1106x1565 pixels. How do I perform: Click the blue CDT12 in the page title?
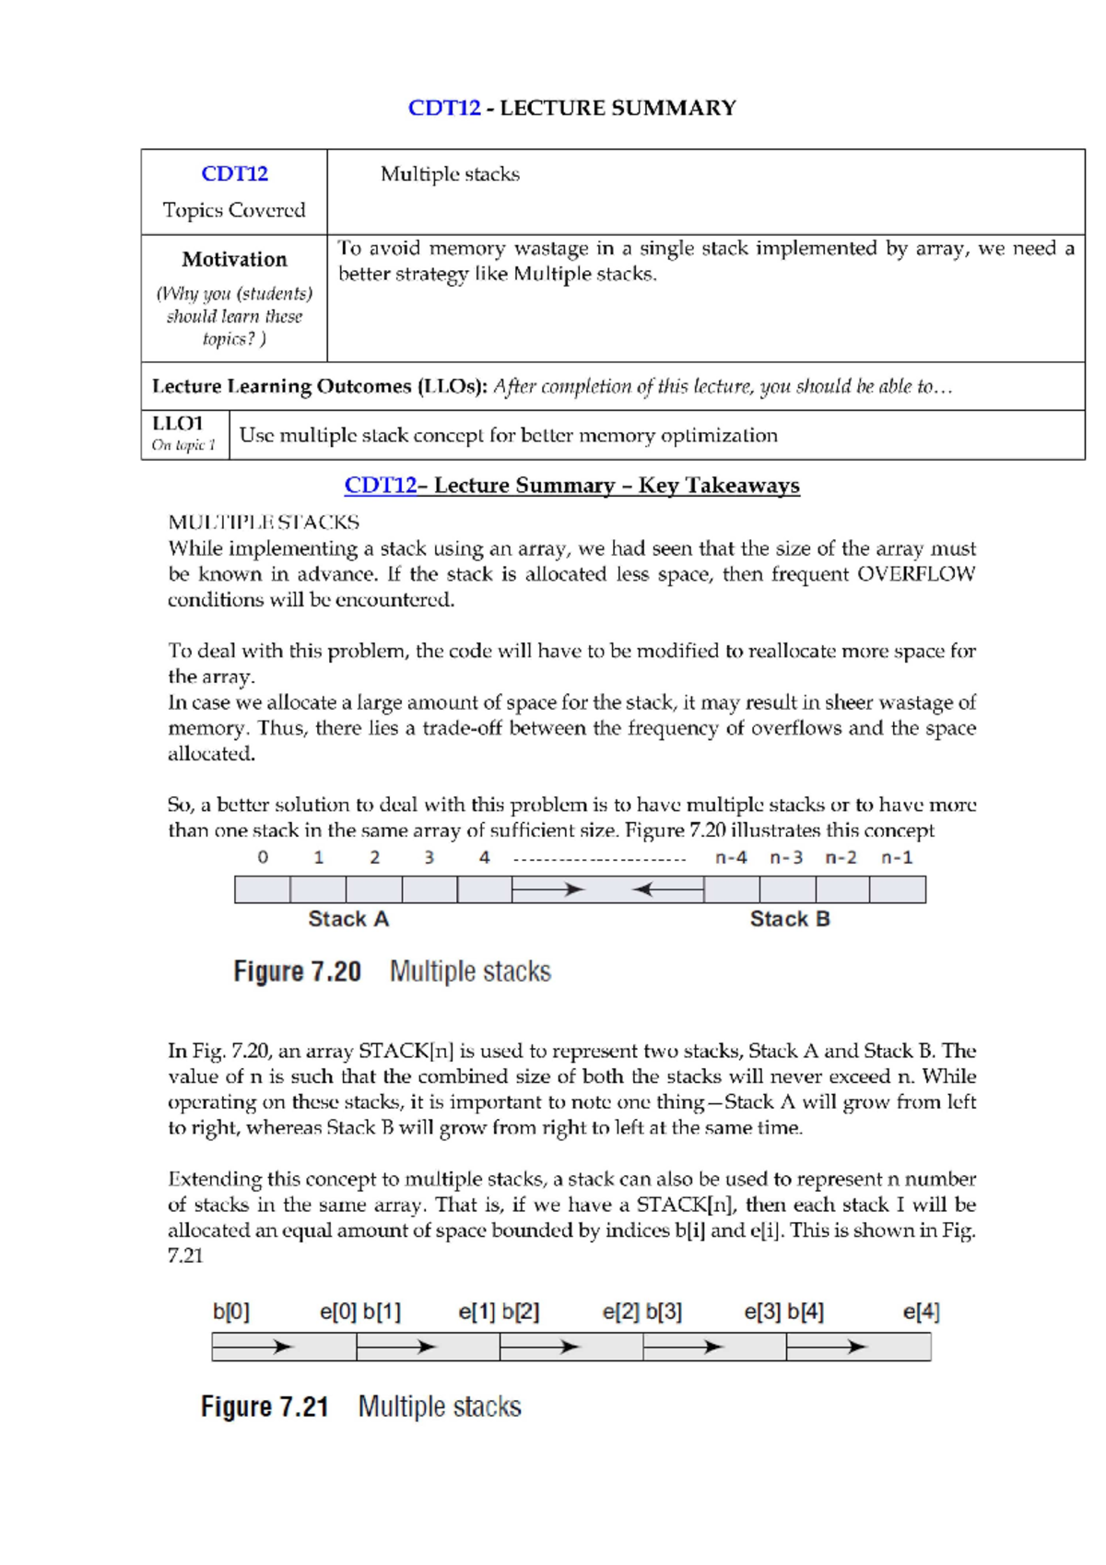point(444,108)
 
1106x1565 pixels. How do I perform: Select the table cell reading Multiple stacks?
point(450,174)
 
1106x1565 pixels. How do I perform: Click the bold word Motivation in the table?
point(234,259)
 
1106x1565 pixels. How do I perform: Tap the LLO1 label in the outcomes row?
point(177,423)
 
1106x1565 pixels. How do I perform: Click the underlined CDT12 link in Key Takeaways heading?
point(380,486)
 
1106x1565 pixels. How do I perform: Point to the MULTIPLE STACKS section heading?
point(264,523)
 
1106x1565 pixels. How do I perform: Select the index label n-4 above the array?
point(731,857)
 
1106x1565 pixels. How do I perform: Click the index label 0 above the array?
point(263,857)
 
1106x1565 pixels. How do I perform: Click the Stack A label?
point(348,919)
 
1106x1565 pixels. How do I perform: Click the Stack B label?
point(790,919)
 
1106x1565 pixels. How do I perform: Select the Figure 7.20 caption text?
point(392,971)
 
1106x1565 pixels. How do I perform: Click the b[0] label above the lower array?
point(231,1312)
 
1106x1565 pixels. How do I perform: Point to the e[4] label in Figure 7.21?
point(921,1312)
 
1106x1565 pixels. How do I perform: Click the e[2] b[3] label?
point(642,1312)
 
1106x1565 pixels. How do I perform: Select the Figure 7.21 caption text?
point(361,1406)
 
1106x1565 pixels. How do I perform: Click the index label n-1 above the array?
point(897,857)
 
